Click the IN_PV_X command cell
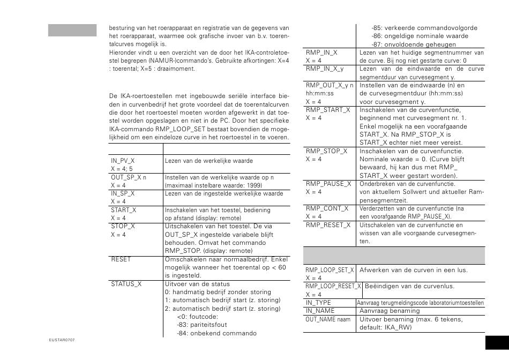123,160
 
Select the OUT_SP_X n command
129,177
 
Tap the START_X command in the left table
124,210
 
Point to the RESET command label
121,259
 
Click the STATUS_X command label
126,284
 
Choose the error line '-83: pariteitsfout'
202,325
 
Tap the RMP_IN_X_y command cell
325,69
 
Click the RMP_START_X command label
328,110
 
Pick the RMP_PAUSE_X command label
328,183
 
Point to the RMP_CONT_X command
327,208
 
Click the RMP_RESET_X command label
328,224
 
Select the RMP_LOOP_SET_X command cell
330,271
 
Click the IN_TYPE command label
318,303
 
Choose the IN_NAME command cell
320,311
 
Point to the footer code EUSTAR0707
62,340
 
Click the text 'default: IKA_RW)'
386,327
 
